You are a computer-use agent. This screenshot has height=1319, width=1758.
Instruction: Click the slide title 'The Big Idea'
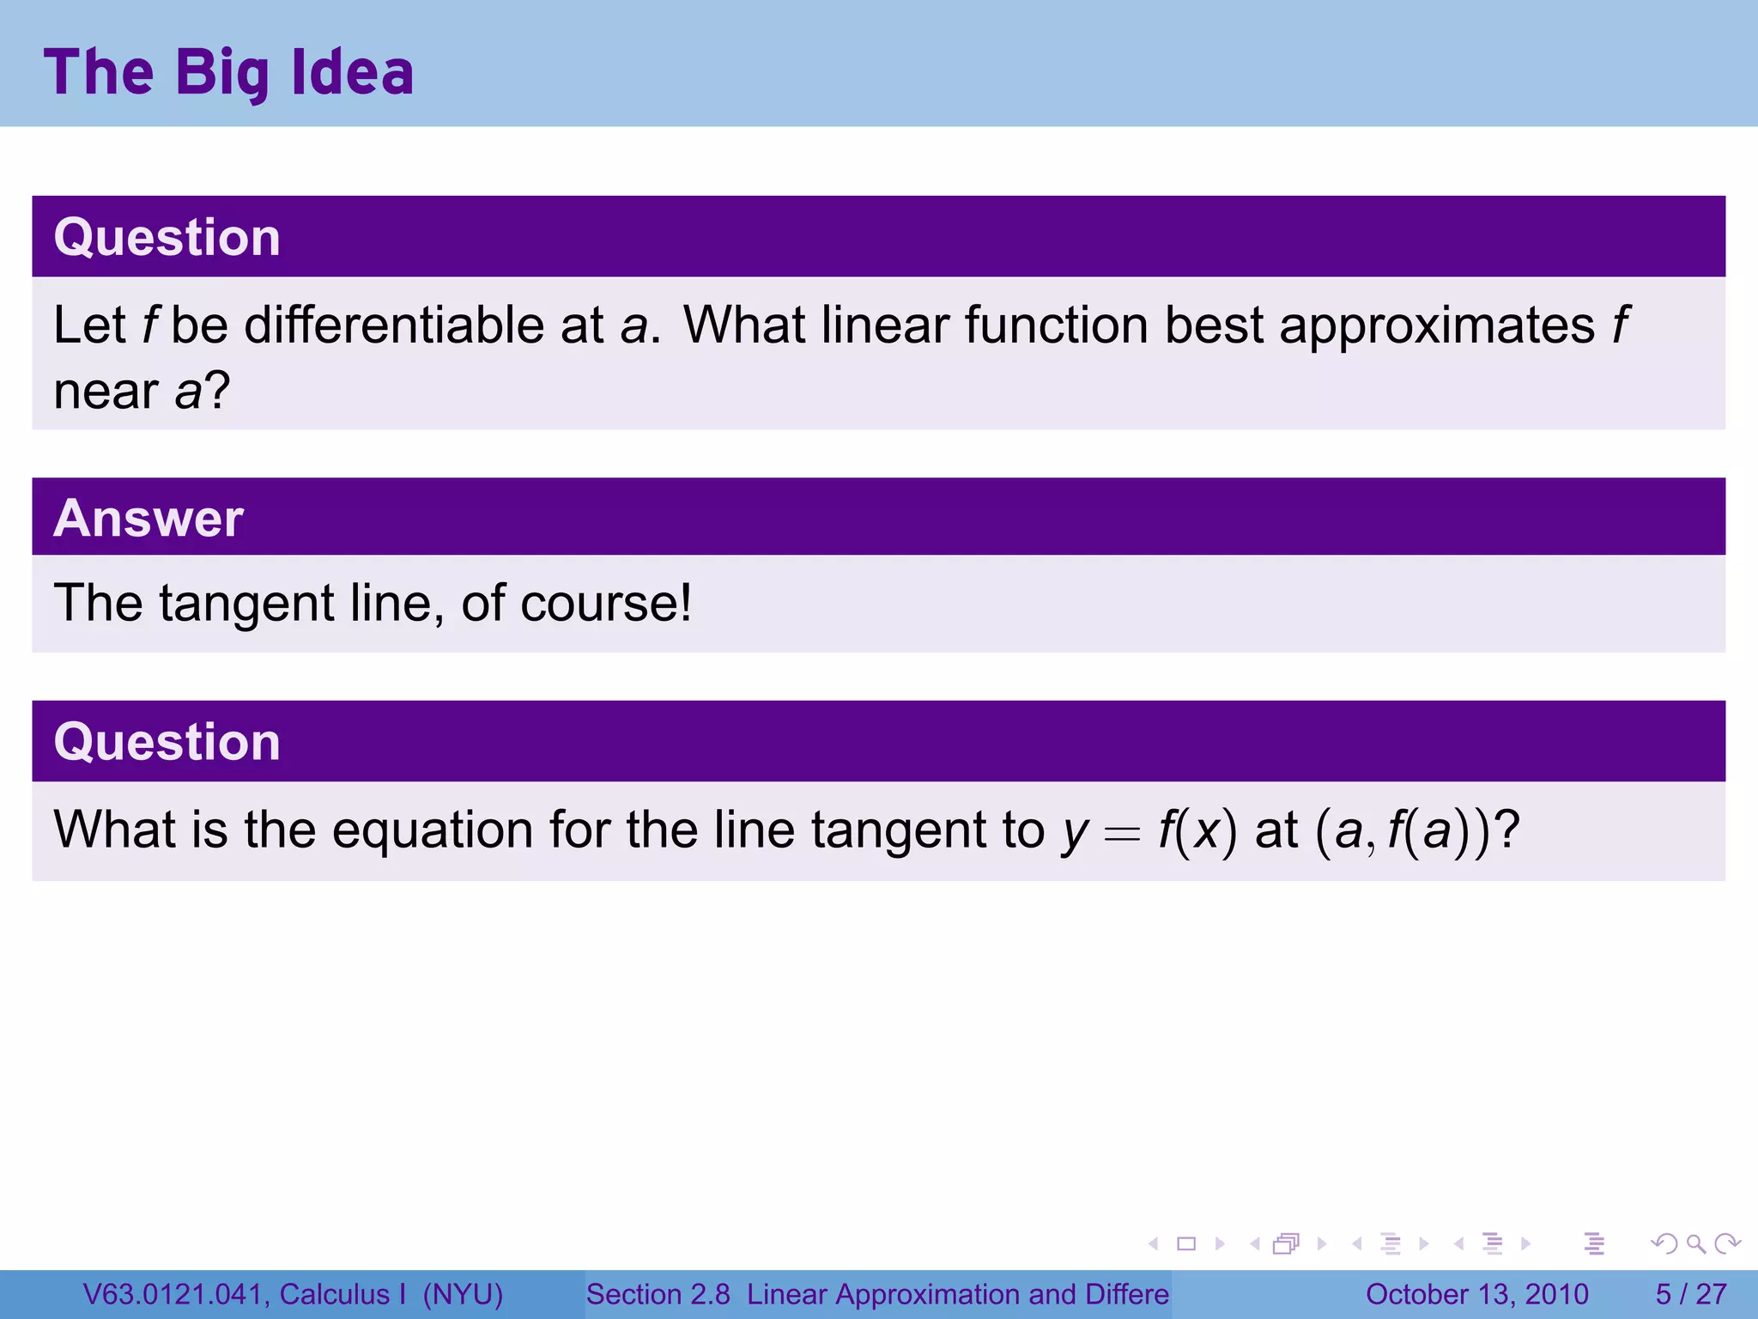[228, 72]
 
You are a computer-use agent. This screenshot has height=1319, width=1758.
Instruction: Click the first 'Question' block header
[167, 237]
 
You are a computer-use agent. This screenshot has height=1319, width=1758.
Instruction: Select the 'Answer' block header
[148, 518]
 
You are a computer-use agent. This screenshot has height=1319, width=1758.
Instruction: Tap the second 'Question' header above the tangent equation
[167, 741]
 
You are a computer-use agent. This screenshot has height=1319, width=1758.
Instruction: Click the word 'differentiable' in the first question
[393, 325]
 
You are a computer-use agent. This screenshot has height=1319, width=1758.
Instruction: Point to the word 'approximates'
[1436, 327]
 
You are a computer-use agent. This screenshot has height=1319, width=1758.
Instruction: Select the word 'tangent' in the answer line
[246, 604]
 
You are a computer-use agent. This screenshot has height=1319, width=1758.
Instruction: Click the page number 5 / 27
[1690, 1294]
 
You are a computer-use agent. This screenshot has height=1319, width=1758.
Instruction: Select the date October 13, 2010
[1476, 1294]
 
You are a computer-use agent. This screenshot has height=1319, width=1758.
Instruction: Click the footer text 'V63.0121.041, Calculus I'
[245, 1294]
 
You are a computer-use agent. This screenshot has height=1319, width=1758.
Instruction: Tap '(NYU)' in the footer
[463, 1294]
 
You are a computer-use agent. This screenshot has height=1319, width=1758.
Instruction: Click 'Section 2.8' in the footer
[658, 1294]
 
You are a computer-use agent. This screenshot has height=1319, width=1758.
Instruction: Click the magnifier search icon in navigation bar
[1695, 1244]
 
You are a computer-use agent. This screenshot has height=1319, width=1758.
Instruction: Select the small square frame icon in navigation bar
[1186, 1244]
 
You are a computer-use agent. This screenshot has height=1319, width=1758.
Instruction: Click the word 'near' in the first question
[105, 392]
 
